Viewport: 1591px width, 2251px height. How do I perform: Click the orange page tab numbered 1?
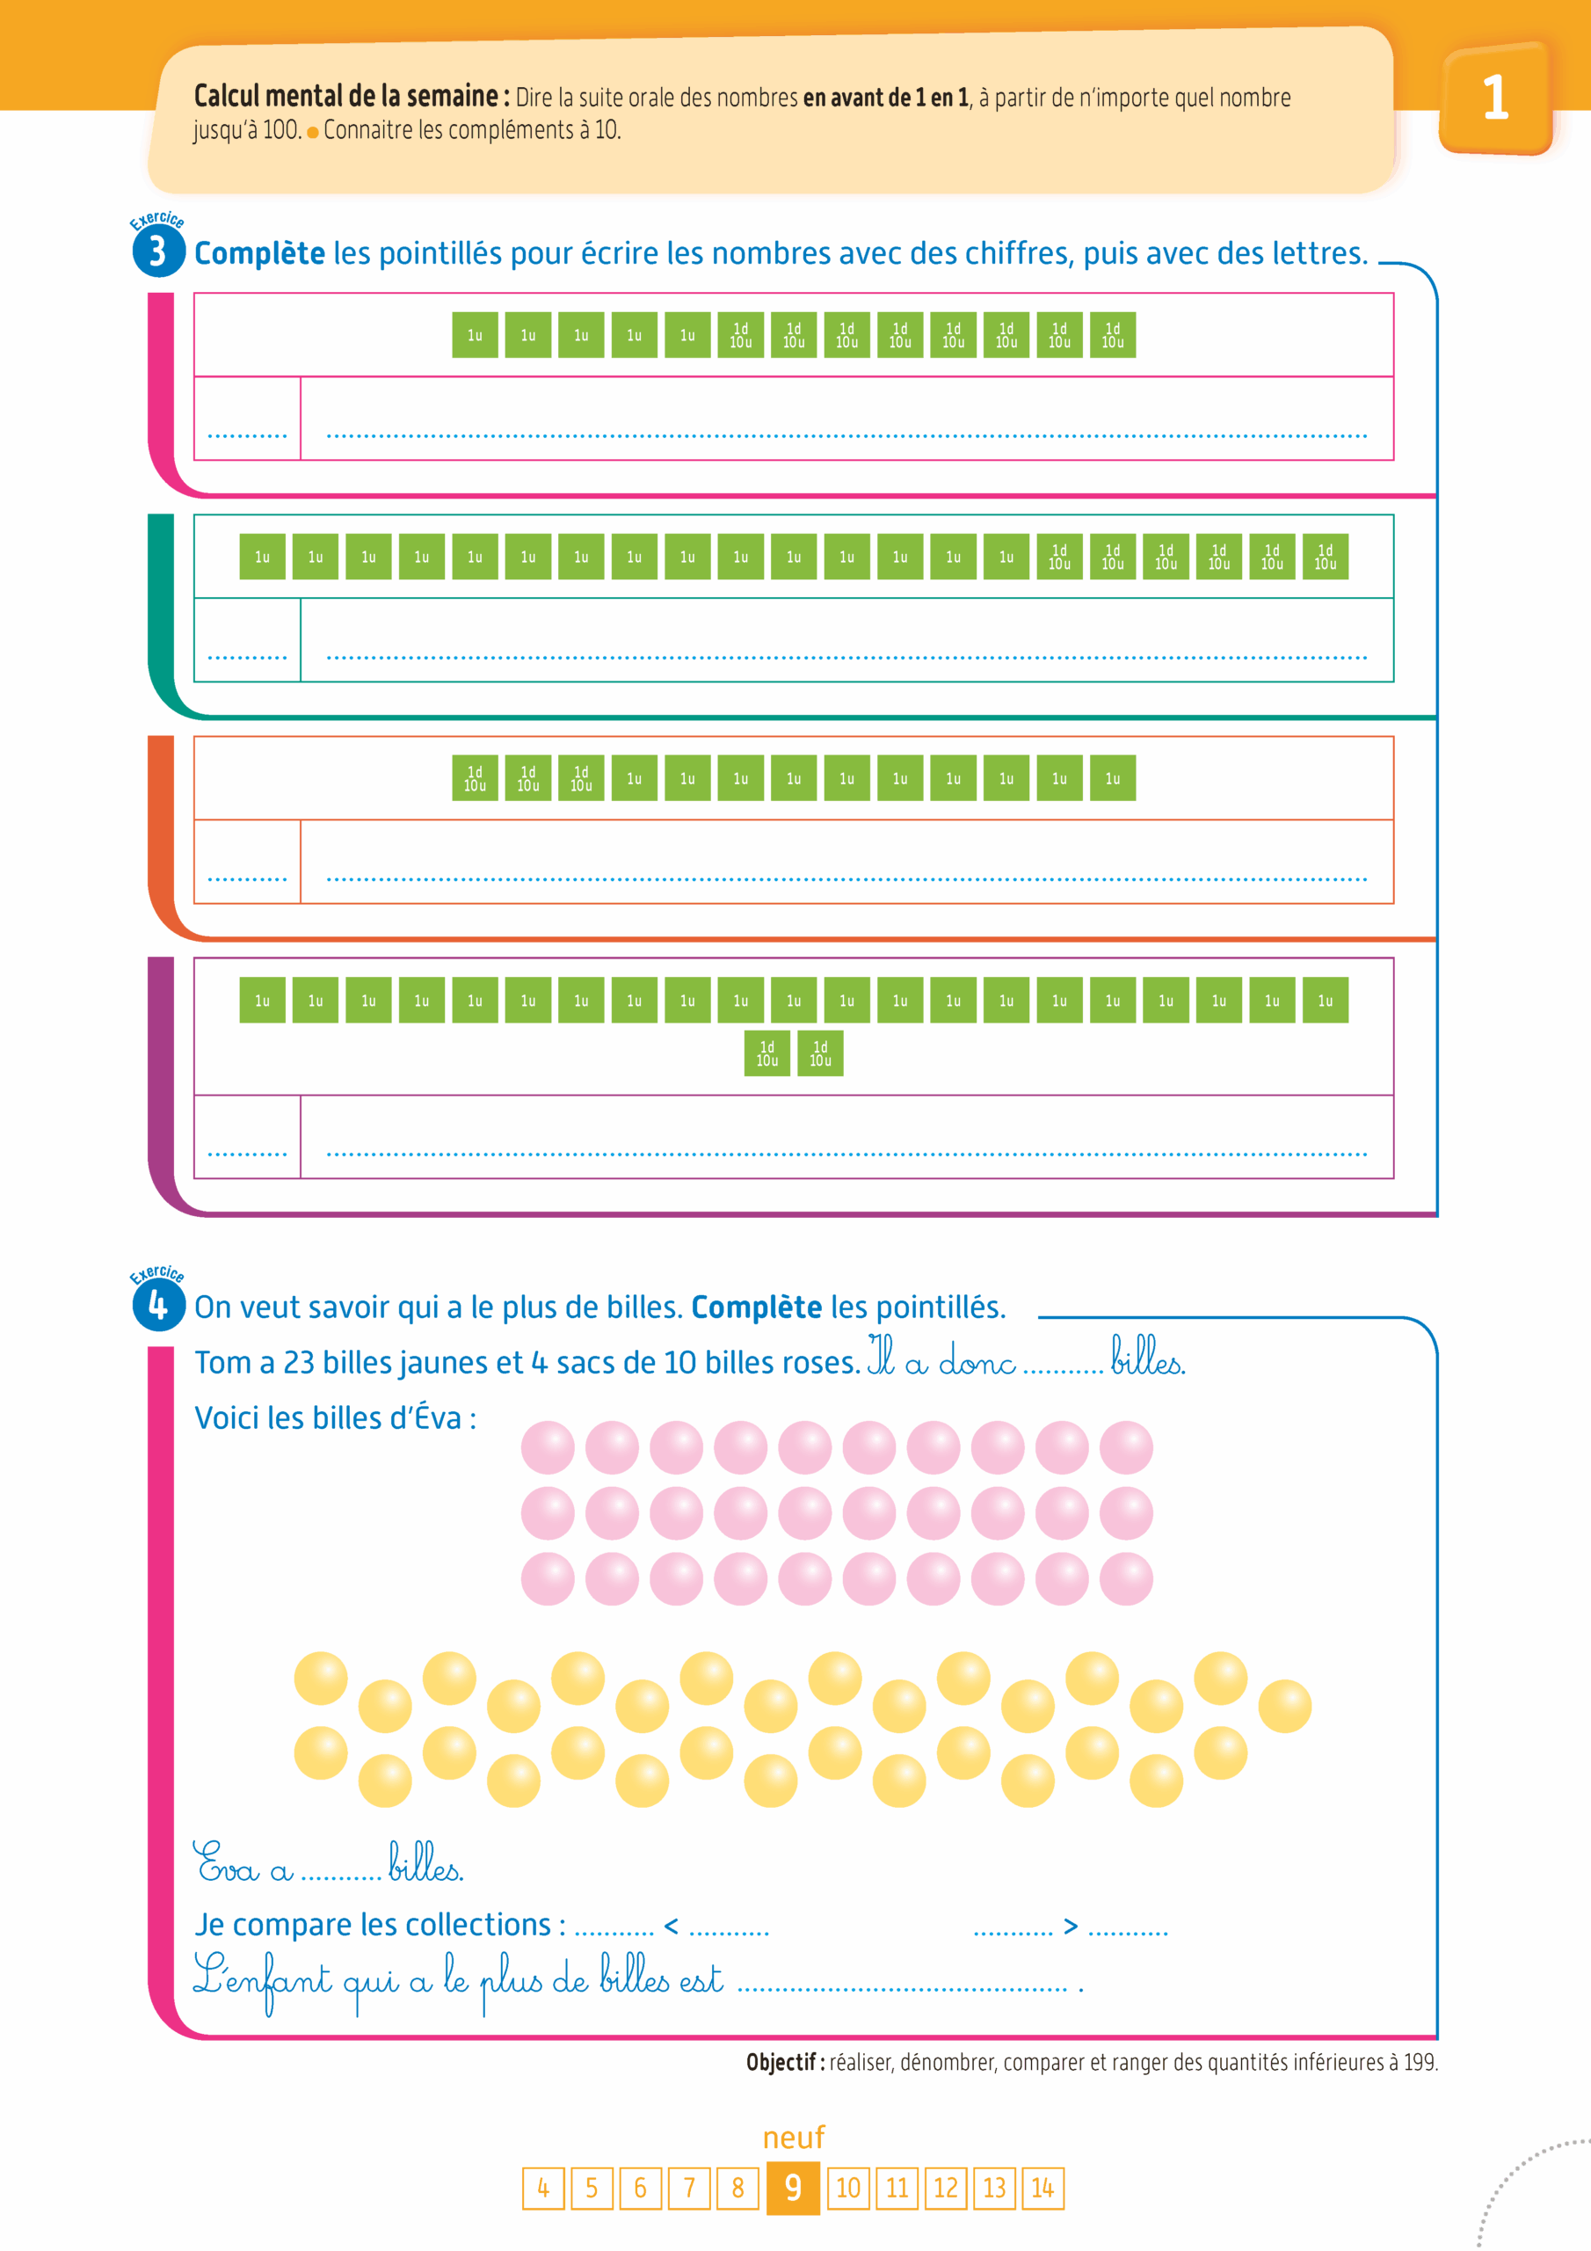coord(1494,98)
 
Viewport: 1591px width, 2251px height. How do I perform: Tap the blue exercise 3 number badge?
coord(158,252)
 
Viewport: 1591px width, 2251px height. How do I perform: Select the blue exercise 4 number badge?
coord(158,1306)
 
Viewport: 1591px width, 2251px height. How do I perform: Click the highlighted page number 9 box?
coord(793,2188)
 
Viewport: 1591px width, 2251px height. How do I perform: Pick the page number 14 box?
coord(1042,2188)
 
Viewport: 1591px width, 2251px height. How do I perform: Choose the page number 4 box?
coord(543,2188)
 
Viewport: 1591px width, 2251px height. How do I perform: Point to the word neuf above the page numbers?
coord(793,2137)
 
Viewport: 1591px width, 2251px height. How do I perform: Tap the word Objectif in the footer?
coord(781,2062)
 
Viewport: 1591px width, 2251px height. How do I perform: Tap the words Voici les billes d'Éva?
coord(335,1417)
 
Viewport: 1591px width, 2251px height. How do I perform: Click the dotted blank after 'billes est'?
coord(902,1986)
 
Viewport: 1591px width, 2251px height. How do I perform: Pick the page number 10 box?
coord(848,2188)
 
